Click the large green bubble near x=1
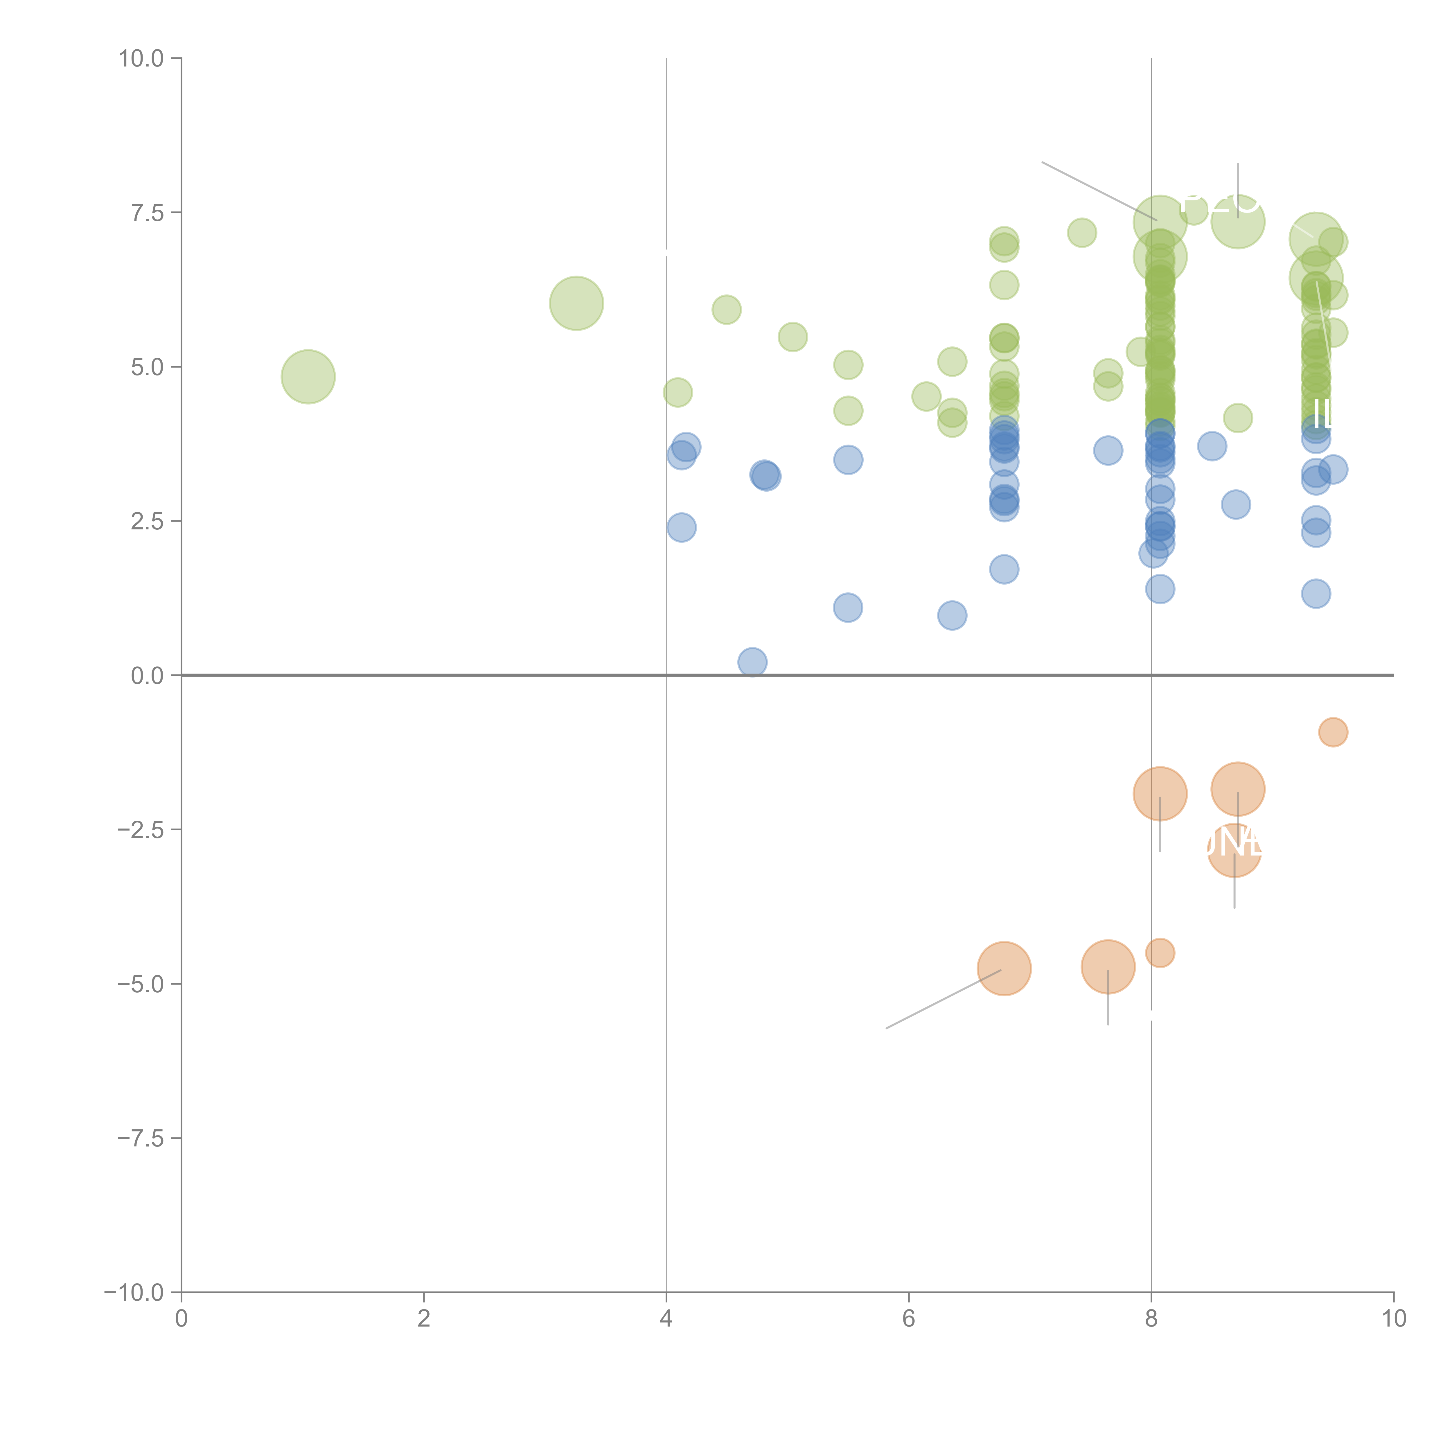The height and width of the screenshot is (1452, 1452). click(308, 377)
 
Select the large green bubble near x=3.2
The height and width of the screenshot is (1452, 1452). click(576, 303)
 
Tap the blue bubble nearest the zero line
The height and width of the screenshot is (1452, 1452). click(752, 662)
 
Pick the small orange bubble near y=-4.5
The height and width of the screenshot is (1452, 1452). click(1160, 953)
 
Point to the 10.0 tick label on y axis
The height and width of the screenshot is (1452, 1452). click(141, 59)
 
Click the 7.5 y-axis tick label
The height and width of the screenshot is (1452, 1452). click(147, 213)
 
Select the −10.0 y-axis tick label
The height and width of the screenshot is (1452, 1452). click(134, 1293)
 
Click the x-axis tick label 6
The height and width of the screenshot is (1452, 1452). click(909, 1319)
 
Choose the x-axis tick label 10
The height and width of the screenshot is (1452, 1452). click(1393, 1319)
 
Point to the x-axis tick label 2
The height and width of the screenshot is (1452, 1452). click(424, 1319)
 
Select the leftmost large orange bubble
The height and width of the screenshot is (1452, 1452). click(1004, 968)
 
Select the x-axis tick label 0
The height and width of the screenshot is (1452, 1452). click(181, 1319)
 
